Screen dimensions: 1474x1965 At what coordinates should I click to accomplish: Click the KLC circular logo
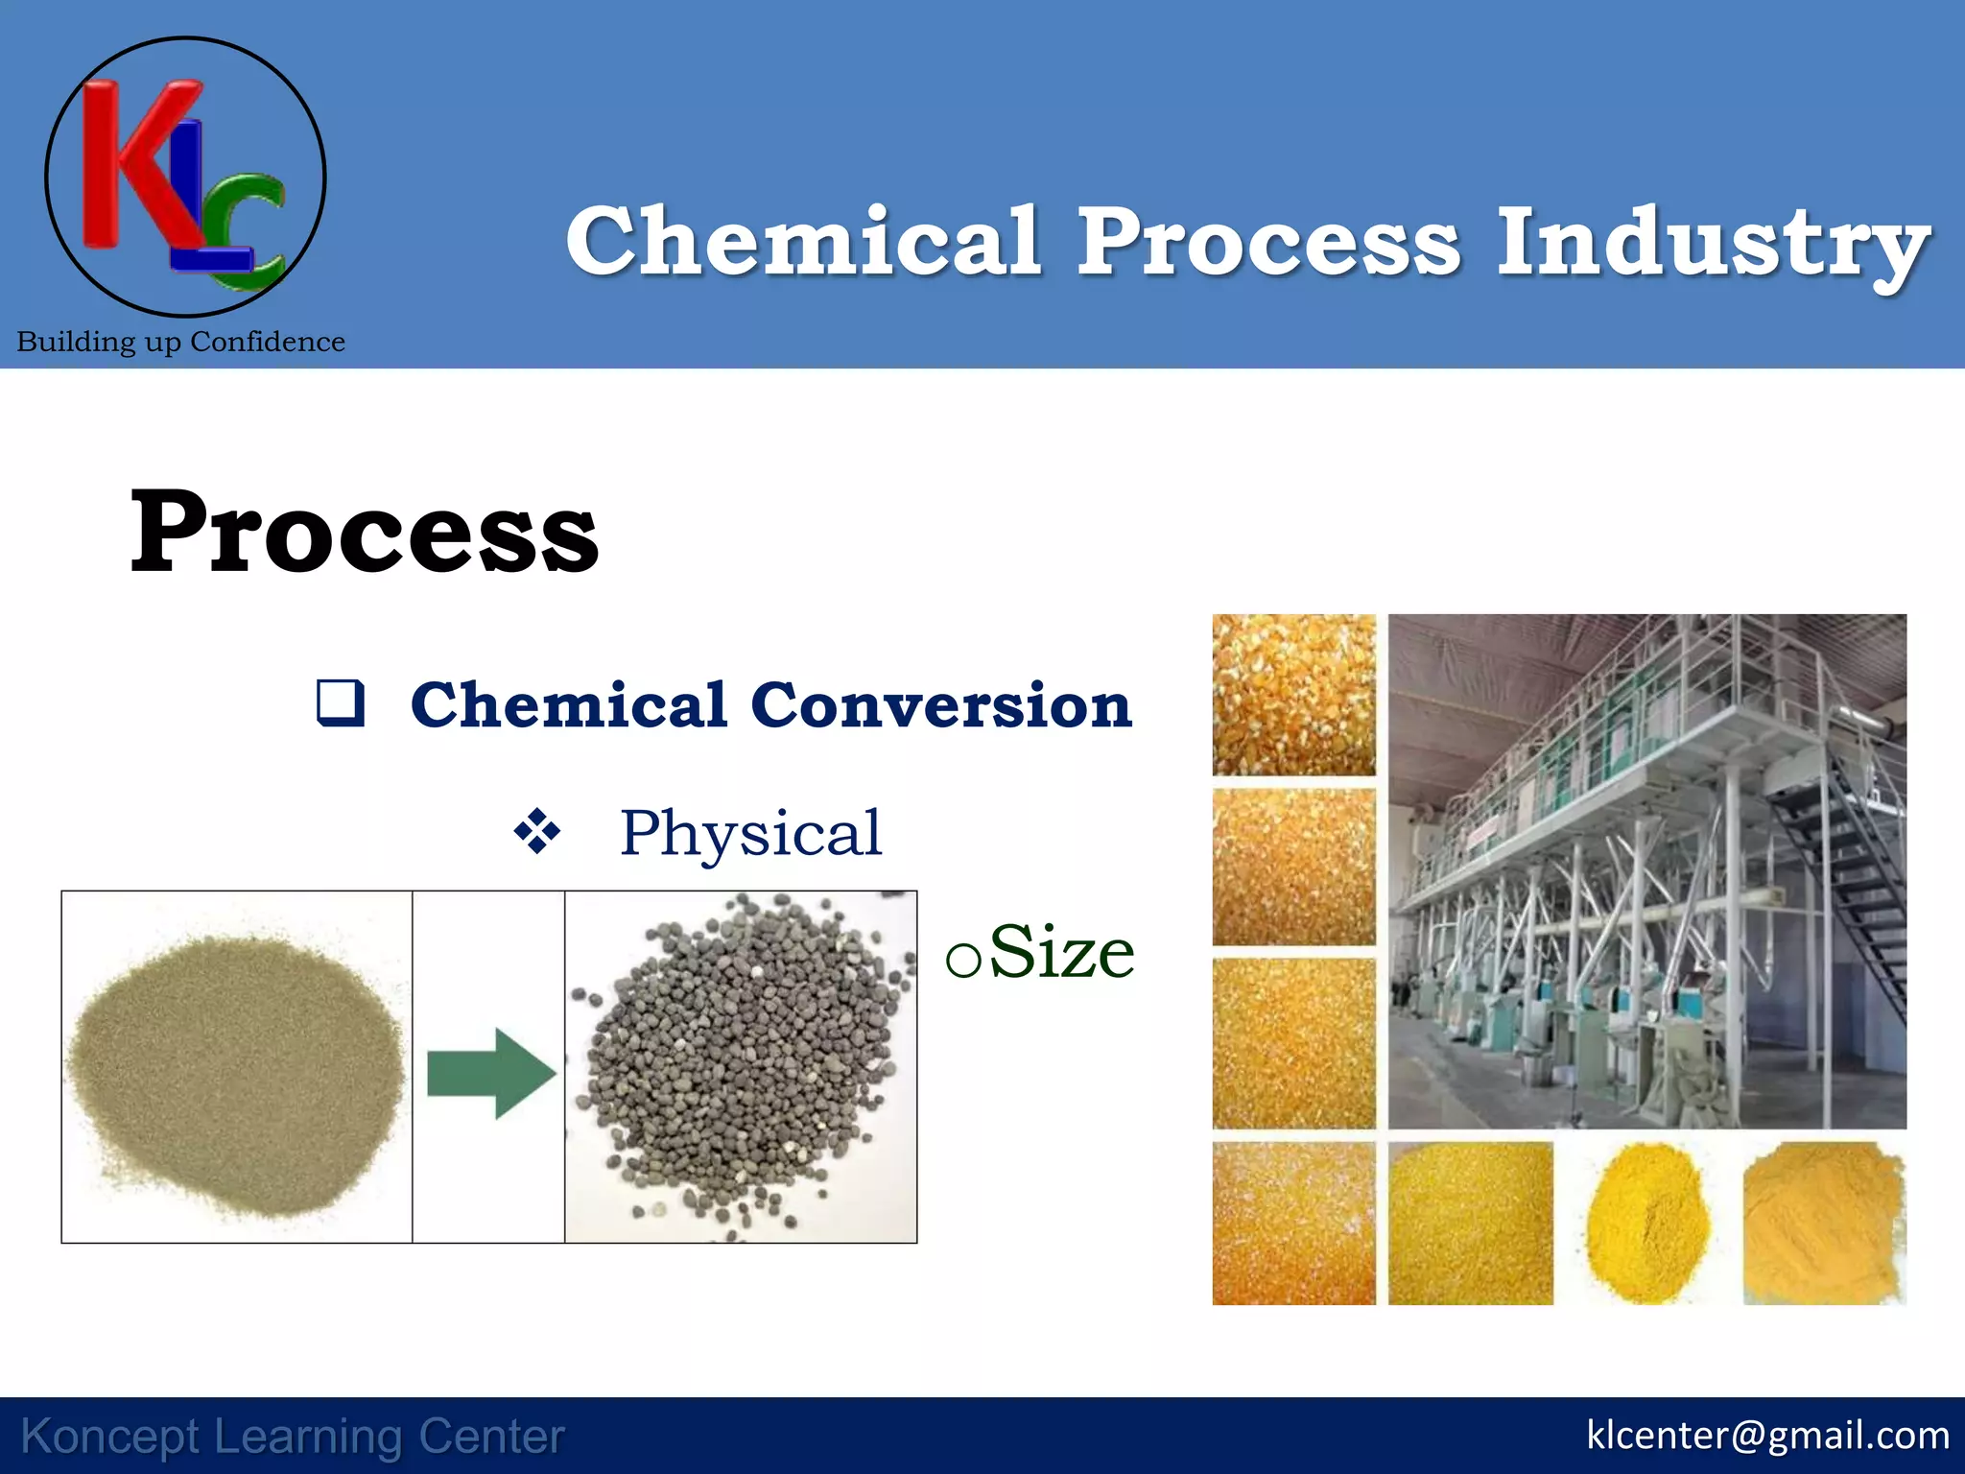click(x=185, y=178)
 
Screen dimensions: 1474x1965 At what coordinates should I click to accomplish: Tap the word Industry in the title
click(x=1713, y=243)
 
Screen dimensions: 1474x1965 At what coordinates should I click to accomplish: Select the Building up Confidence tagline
click(x=181, y=342)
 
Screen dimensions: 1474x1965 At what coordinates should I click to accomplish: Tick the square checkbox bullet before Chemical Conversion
click(x=341, y=702)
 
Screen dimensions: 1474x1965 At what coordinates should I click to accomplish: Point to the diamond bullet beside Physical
click(x=537, y=831)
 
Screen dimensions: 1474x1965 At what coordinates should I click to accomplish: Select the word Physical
click(x=750, y=833)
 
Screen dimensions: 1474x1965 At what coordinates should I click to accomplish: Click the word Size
click(x=1061, y=953)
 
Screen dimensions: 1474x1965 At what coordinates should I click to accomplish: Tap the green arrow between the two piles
click(x=490, y=1073)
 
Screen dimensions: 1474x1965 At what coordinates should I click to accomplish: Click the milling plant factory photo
click(x=1646, y=870)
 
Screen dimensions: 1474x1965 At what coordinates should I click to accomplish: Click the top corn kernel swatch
click(x=1293, y=695)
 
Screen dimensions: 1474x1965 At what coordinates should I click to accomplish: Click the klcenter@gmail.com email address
click(x=1767, y=1436)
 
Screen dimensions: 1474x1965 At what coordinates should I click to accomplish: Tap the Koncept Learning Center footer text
click(x=293, y=1438)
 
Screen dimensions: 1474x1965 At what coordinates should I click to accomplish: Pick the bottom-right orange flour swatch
click(x=1823, y=1224)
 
